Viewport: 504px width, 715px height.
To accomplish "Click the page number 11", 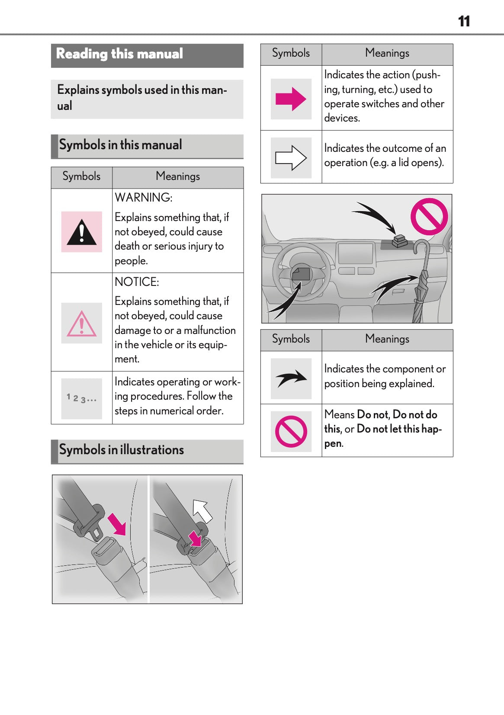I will [x=464, y=21].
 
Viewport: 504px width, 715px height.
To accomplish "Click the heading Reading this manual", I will [x=119, y=54].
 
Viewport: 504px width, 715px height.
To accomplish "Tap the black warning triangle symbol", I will [x=81, y=232].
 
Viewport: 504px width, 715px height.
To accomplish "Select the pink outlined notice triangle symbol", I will [x=81, y=324].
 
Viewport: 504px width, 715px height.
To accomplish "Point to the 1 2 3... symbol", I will [x=81, y=398].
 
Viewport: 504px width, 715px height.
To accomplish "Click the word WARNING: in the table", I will [x=144, y=198].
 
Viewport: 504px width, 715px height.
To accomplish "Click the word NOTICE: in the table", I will [x=137, y=282].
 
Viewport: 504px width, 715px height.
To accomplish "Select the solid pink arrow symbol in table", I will [x=291, y=99].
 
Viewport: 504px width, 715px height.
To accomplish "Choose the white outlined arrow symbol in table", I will [x=291, y=158].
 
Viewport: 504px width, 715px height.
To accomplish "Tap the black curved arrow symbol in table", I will [x=291, y=378].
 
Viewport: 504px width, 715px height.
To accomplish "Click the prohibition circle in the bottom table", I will [x=291, y=431].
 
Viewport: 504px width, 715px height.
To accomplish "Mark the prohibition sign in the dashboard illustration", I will [x=429, y=216].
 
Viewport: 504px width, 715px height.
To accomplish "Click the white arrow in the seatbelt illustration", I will [x=202, y=510].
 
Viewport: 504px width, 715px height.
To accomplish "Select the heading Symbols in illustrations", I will [x=122, y=450].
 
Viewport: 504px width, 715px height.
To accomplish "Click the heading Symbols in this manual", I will [x=120, y=145].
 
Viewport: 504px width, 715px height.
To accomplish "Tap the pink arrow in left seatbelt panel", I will [x=117, y=524].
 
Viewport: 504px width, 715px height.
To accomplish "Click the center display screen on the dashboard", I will [x=355, y=253].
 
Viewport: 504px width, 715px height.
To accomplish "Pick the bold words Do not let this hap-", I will [x=399, y=429].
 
